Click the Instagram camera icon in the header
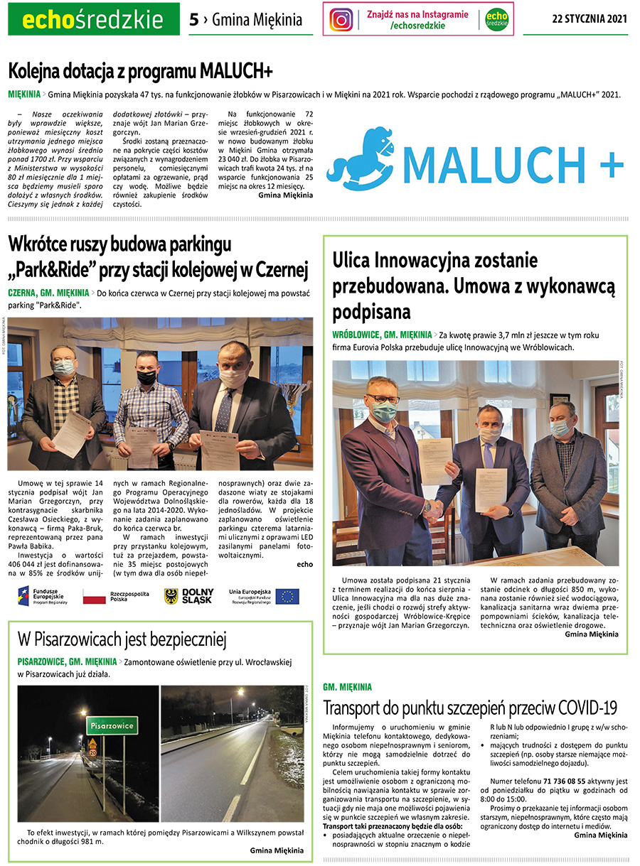(341, 19)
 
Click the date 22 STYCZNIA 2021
(590, 18)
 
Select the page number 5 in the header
(193, 19)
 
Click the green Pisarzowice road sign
(112, 726)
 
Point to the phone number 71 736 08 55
(557, 781)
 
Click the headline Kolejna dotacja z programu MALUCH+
(140, 71)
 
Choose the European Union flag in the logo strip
(287, 596)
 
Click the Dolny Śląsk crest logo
(171, 596)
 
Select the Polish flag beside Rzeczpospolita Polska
(94, 596)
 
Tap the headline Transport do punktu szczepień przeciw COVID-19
(470, 708)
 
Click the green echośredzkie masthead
(93, 19)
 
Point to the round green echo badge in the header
(497, 19)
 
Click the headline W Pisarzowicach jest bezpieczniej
(122, 640)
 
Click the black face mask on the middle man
(146, 378)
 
